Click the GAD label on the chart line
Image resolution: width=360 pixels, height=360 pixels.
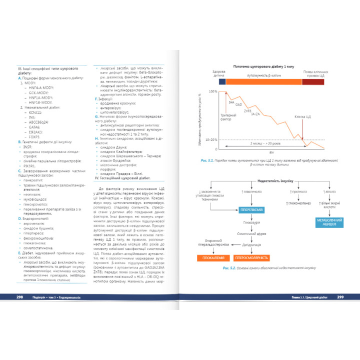238,104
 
